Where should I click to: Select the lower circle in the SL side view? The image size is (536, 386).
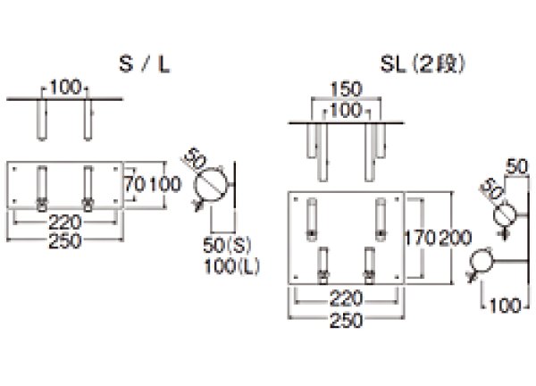pos(482,261)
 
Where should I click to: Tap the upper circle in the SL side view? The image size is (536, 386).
pos(505,212)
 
